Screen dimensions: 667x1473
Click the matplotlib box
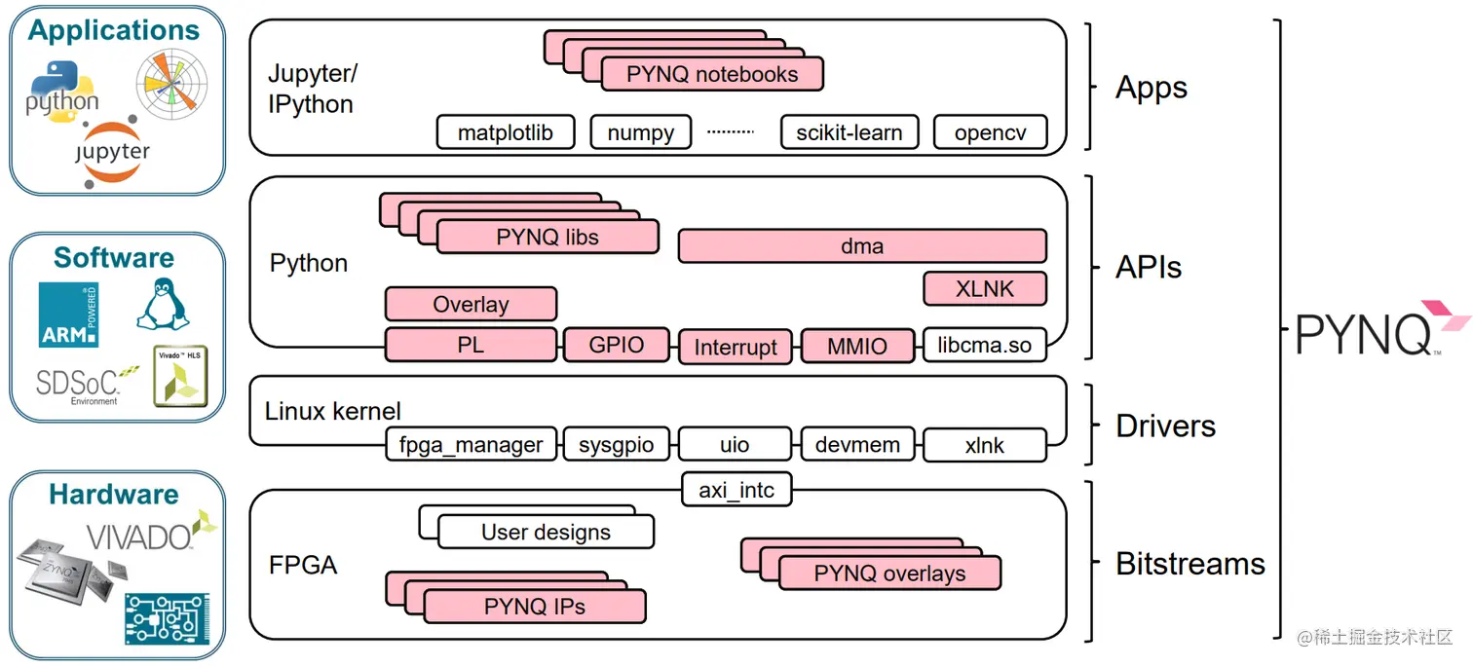coord(506,132)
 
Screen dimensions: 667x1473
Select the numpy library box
coord(640,132)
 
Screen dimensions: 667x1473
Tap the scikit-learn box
coord(850,132)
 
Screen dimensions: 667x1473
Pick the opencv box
coord(990,132)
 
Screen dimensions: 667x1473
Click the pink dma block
coord(862,246)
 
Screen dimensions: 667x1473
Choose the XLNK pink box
coord(985,288)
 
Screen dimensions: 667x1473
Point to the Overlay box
coord(471,304)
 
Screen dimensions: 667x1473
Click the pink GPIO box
coord(617,345)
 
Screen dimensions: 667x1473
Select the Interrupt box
coord(736,347)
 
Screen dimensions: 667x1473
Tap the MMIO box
coord(857,346)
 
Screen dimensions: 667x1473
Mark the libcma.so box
coord(984,345)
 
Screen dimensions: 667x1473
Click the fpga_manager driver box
coord(472,445)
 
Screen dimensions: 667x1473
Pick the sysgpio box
coord(617,445)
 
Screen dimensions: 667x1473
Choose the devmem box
coord(857,445)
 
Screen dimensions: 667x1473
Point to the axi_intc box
coord(736,490)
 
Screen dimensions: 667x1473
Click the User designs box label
coord(546,532)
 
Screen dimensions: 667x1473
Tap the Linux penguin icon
coord(163,303)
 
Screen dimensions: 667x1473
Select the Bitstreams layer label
coord(1190,564)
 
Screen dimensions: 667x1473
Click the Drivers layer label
coord(1165,426)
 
